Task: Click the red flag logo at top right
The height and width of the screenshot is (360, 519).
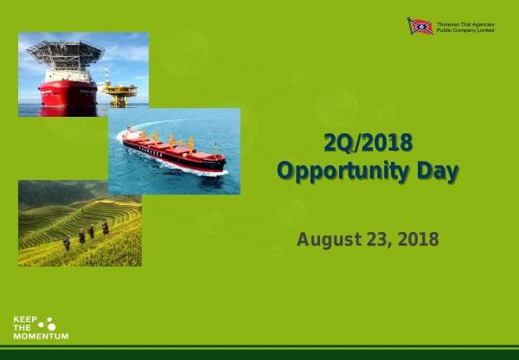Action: pos(420,26)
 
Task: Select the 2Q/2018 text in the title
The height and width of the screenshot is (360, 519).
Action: pos(367,143)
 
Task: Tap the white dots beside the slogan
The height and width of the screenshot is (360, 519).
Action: pos(48,324)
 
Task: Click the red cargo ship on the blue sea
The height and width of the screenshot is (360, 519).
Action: pos(173,150)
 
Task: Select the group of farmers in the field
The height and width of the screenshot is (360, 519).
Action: pos(86,234)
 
